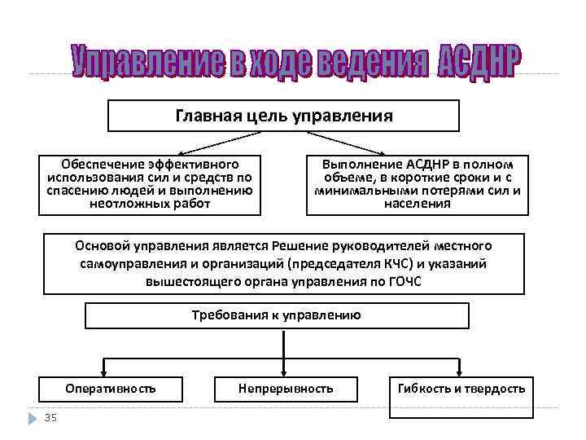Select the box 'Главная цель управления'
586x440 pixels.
tap(284, 116)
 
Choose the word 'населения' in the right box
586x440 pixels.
tap(417, 204)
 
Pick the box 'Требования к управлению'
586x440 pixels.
tap(277, 315)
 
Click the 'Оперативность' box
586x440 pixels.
tap(111, 389)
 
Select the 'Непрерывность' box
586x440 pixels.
tap(286, 389)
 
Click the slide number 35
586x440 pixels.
tap(50, 418)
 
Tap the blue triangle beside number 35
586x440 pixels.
tap(32, 418)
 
